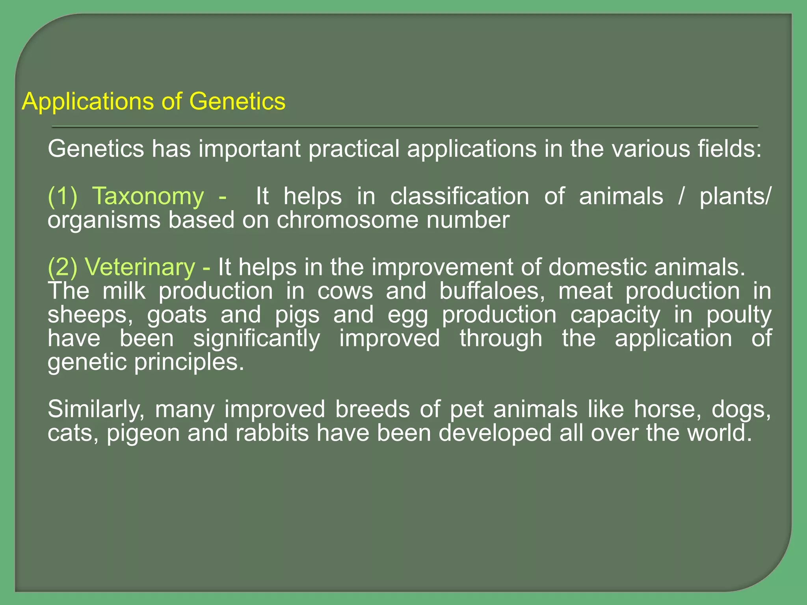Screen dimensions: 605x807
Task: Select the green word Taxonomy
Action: [x=148, y=196]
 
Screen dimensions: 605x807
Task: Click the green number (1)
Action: [x=62, y=196]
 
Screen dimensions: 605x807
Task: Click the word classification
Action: [x=459, y=196]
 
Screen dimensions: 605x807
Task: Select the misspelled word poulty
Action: [x=738, y=315]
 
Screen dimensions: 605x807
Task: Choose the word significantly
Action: [x=256, y=338]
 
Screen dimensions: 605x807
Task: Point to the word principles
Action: [x=189, y=362]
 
